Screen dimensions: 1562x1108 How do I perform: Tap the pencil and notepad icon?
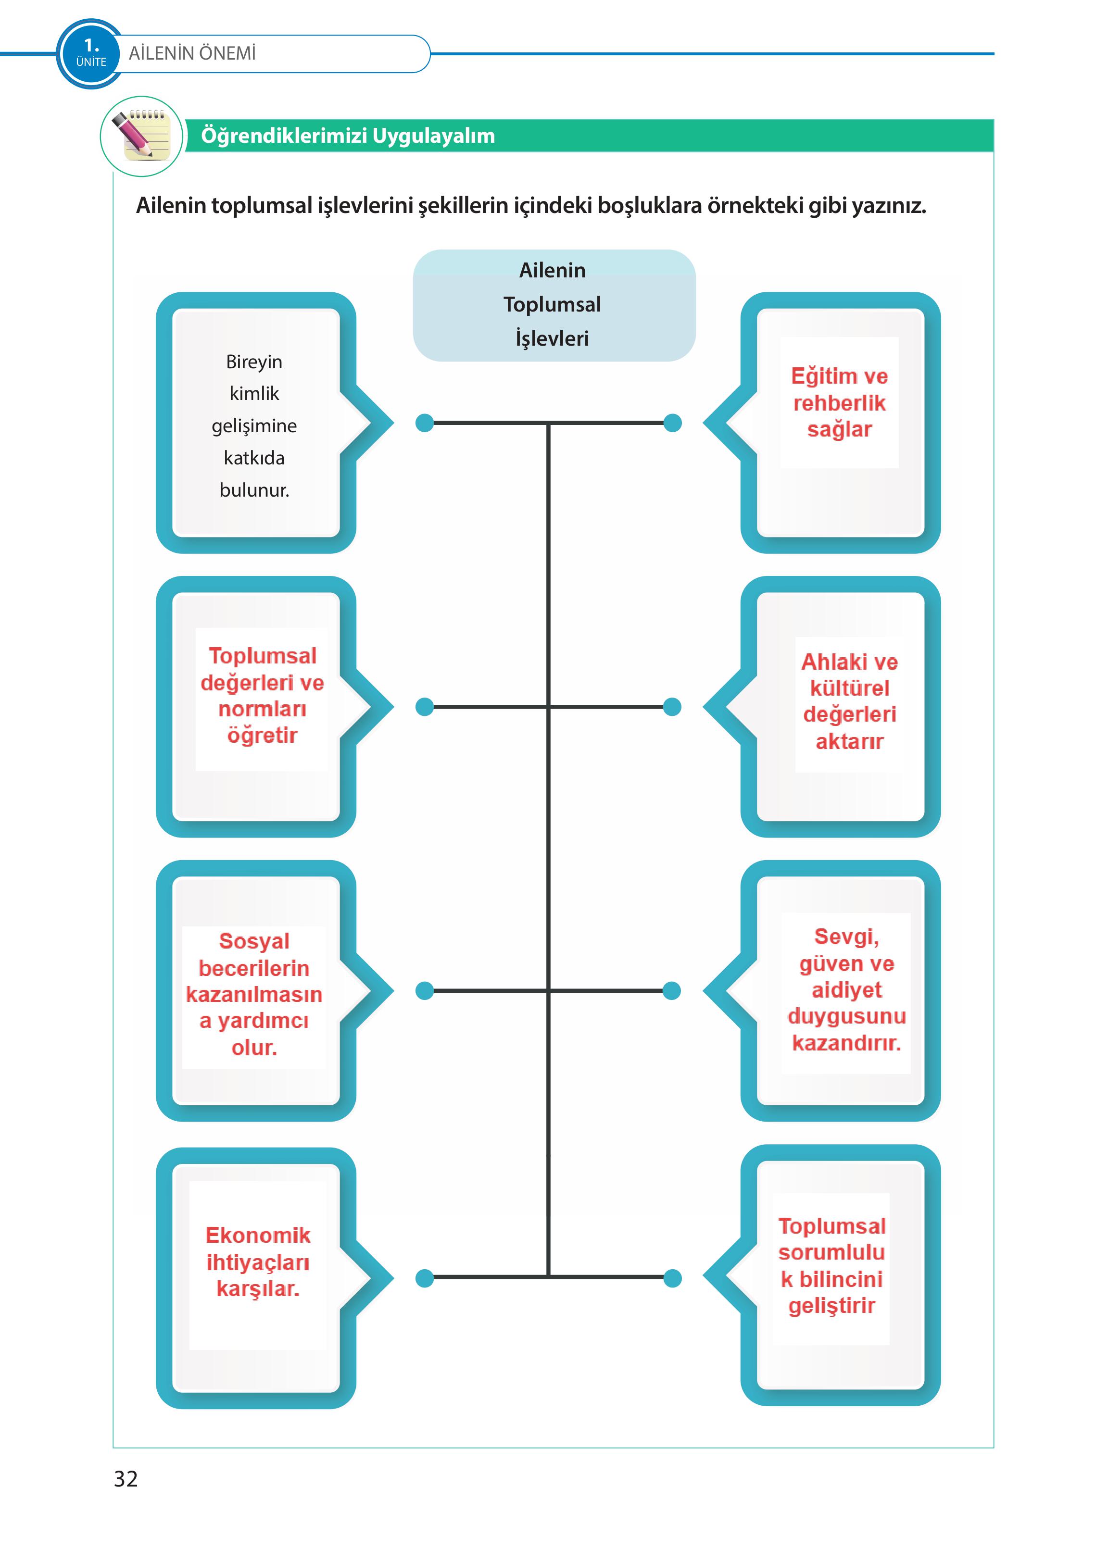(142, 136)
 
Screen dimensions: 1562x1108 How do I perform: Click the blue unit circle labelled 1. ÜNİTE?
(91, 53)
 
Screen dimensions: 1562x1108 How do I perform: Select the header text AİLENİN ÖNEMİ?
(192, 53)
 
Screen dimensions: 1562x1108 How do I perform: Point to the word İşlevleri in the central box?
(552, 338)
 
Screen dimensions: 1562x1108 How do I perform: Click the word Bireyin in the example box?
(254, 362)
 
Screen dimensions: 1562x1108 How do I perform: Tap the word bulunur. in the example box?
(254, 490)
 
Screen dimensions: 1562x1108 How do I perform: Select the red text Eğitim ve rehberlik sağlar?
(839, 402)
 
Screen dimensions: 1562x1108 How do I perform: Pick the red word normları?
(262, 709)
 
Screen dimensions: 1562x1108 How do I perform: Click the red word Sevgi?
(846, 937)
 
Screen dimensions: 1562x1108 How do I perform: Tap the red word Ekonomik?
(257, 1235)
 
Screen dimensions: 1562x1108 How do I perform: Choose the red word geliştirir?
(831, 1306)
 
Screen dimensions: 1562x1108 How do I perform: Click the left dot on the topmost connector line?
(424, 423)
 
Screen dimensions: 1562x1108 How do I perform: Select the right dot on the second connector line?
(673, 707)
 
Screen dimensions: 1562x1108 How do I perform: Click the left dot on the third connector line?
(424, 990)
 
